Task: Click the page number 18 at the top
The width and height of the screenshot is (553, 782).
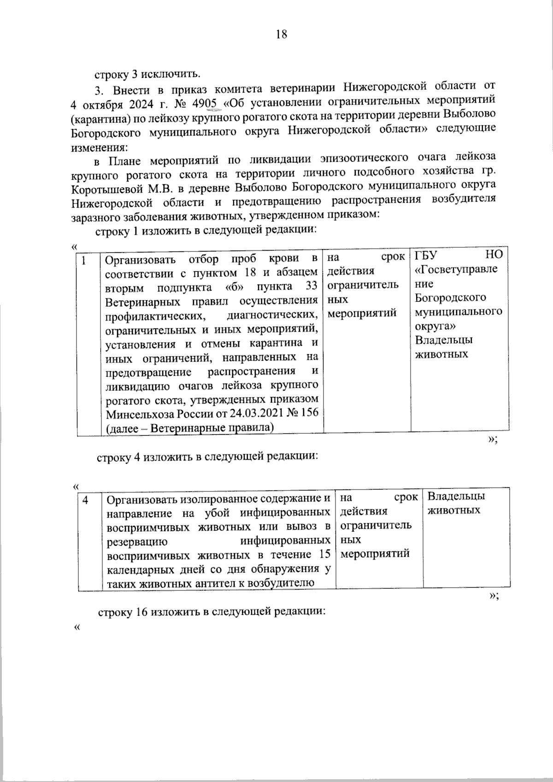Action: tap(281, 35)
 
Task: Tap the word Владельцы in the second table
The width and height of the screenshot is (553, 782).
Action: tap(456, 496)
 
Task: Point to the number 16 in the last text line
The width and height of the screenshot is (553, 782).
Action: tap(141, 613)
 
